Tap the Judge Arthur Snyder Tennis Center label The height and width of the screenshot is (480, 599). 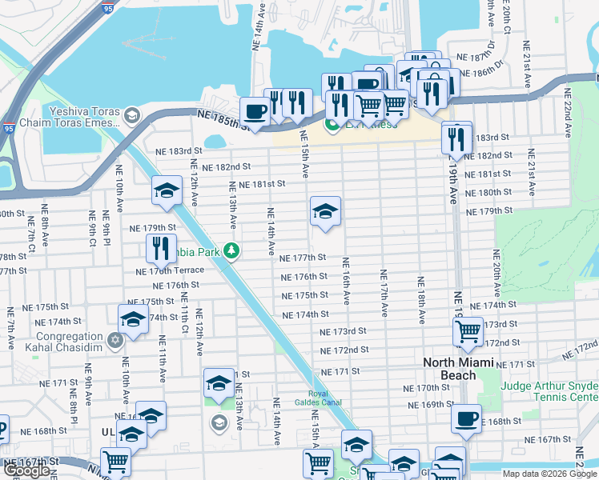[549, 391]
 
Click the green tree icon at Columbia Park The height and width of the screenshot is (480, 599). [231, 251]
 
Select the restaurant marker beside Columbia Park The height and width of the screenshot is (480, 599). [161, 247]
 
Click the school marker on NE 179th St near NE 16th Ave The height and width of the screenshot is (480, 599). [325, 212]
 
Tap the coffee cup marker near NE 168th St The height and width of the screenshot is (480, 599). [465, 418]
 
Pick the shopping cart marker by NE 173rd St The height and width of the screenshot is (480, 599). [468, 330]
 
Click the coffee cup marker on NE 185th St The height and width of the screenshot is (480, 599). [255, 111]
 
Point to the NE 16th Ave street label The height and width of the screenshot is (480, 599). [347, 280]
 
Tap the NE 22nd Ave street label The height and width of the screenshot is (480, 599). [567, 98]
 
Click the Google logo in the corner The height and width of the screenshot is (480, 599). [26, 471]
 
